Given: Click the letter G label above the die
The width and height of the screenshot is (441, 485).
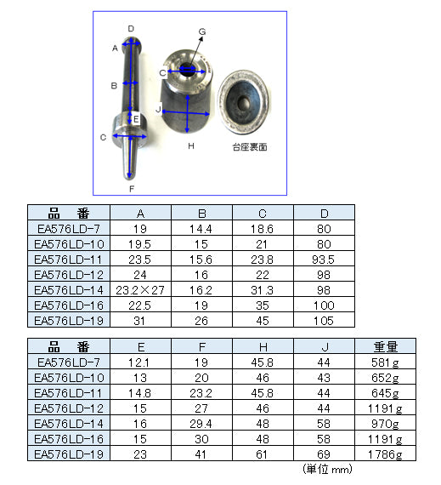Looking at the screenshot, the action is [202, 31].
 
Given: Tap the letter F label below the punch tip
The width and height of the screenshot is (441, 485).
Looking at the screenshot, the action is [132, 189].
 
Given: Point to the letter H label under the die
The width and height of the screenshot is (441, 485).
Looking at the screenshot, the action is [191, 146].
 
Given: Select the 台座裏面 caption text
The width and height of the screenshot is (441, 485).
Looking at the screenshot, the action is [250, 147].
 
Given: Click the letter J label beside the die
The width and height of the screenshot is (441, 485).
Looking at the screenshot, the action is [158, 109].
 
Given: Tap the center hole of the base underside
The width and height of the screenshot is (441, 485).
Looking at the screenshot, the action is [244, 102].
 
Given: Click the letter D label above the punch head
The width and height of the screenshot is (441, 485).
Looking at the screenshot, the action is [131, 29].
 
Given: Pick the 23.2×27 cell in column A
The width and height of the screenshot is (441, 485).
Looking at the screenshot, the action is [140, 290].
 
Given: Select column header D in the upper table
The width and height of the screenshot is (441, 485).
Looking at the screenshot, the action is [325, 214].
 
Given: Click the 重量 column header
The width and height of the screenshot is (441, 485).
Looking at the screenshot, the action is [386, 347].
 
